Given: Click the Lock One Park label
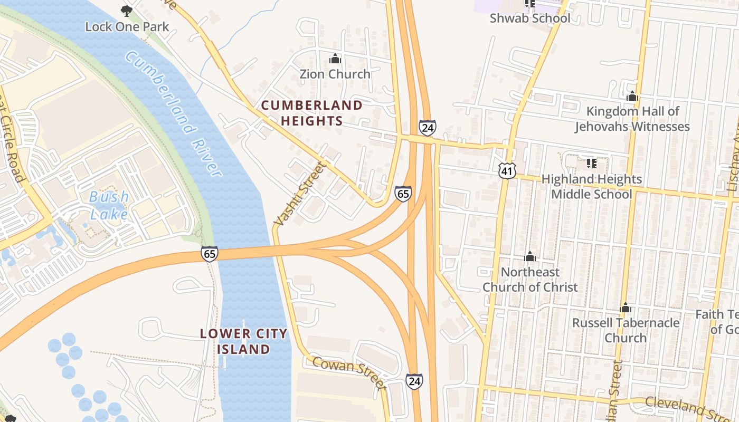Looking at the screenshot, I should coord(127,26).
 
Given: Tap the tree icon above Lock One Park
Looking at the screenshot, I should coord(126,10).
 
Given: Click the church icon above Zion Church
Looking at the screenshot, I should coord(335,59).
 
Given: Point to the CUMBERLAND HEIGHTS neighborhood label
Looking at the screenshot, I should coord(312,113).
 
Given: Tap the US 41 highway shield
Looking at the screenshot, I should coord(506,170).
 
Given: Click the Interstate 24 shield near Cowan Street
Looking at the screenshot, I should coord(414,381).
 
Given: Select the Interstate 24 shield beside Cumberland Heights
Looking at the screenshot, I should coord(427,127).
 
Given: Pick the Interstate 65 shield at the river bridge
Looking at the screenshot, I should coord(210,254).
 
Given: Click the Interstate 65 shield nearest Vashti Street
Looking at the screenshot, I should coord(403,194).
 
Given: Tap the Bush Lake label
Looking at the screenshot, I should coord(109,205).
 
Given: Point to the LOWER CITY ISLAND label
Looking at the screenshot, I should coord(244,341).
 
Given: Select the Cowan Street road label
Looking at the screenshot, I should coord(349,371).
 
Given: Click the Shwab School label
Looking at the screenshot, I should coord(530,18).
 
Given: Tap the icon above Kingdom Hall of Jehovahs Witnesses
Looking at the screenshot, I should coord(632,97).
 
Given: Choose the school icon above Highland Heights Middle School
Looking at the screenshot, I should coord(591,164).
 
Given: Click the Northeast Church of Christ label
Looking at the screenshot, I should coord(530,280).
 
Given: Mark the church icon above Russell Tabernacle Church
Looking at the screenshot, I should coord(626,308).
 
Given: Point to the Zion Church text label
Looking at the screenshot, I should coord(335,74).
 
